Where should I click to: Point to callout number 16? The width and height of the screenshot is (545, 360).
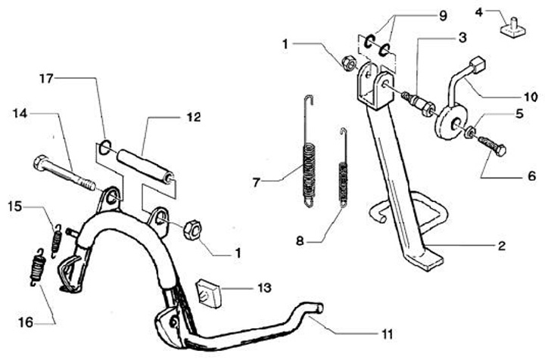(25, 321)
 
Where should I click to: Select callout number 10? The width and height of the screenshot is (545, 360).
(530, 98)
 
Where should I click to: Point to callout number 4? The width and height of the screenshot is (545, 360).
(479, 11)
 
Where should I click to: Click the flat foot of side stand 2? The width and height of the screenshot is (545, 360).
(427, 259)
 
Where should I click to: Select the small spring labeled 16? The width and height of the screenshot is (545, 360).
(37, 268)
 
